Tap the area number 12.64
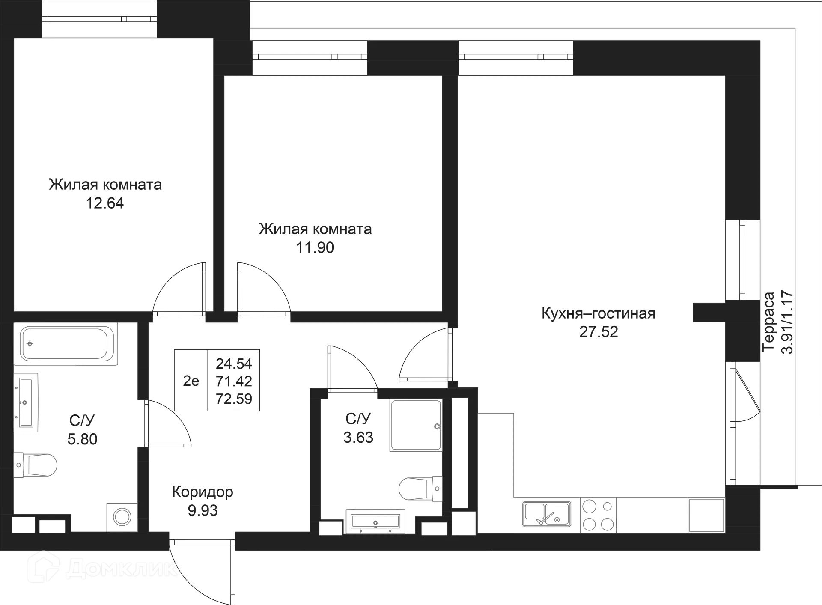click(x=106, y=204)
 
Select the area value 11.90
click(x=315, y=248)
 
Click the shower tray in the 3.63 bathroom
click(x=415, y=425)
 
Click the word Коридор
click(x=203, y=492)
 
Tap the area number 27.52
click(x=599, y=332)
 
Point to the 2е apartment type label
click(x=191, y=380)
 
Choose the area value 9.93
click(x=203, y=510)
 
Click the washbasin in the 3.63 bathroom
click(x=375, y=521)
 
